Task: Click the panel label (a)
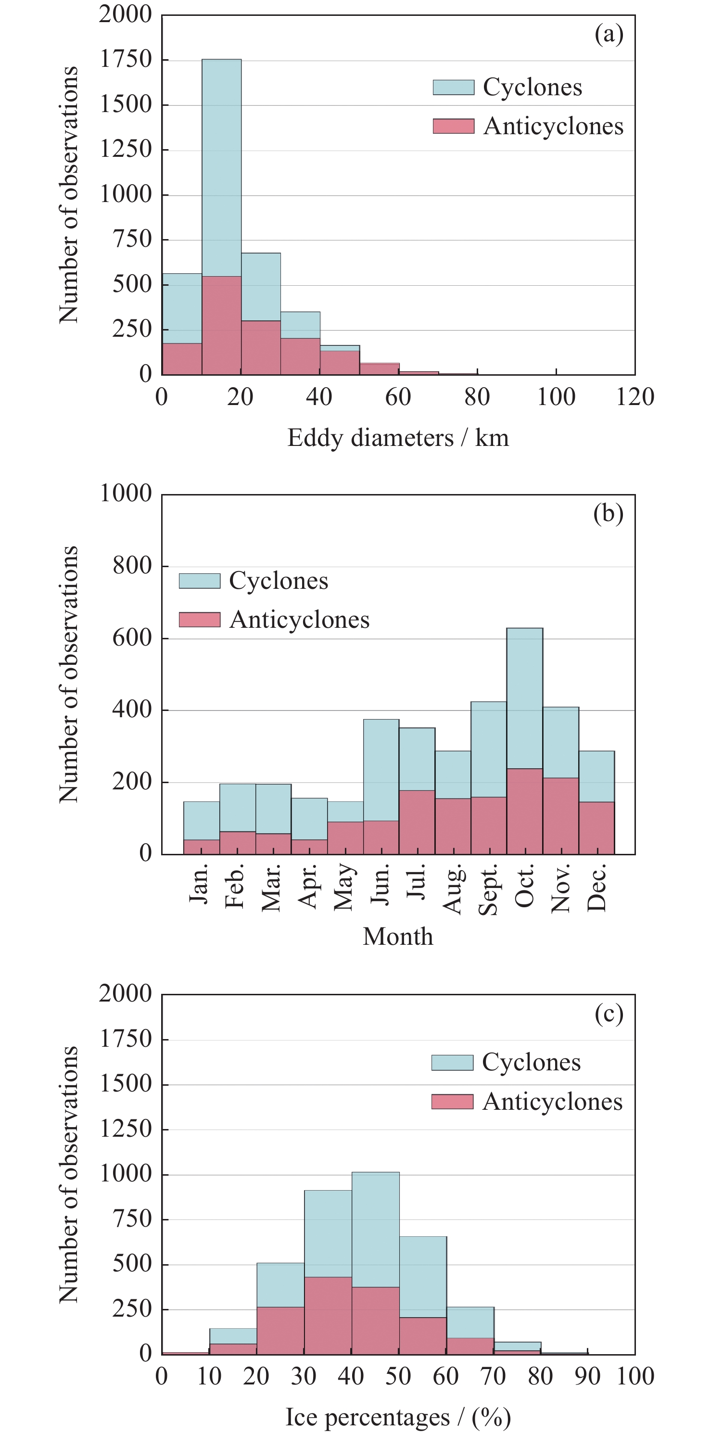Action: [609, 35]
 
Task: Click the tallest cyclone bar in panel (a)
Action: [222, 167]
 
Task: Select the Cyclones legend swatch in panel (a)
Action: [453, 88]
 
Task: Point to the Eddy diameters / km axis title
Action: [398, 438]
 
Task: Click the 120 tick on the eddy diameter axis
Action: [635, 397]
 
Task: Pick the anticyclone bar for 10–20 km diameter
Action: [222, 326]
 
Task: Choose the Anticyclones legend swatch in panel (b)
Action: [199, 620]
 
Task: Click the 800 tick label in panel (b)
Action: [132, 566]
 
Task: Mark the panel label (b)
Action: [608, 513]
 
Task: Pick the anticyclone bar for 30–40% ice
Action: [328, 1316]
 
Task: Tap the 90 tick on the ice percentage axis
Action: [587, 1376]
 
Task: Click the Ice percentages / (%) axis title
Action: [398, 1417]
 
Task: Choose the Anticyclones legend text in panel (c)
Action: [552, 1102]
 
